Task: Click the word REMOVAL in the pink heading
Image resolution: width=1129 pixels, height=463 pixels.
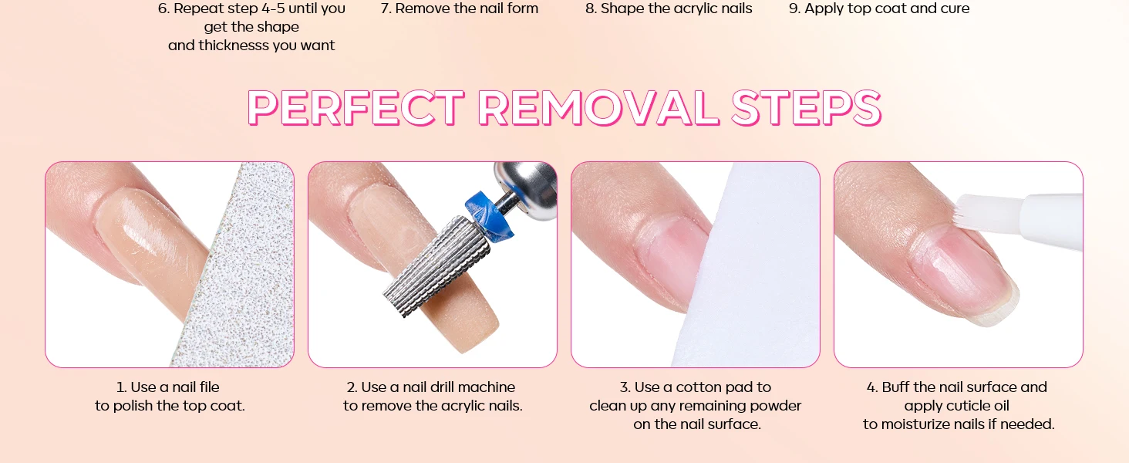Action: pyautogui.click(x=598, y=108)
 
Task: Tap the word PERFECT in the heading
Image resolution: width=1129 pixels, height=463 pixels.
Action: pyautogui.click(x=356, y=108)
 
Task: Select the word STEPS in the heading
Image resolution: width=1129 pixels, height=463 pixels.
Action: pyautogui.click(x=806, y=108)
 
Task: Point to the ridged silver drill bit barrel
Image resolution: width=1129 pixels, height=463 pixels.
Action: pyautogui.click(x=436, y=265)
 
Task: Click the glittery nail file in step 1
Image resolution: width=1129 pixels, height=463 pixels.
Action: pyautogui.click(x=242, y=272)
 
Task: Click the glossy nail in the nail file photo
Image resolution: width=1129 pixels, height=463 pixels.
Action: pyautogui.click(x=147, y=237)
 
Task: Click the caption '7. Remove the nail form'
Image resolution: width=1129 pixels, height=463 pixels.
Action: pyautogui.click(x=459, y=8)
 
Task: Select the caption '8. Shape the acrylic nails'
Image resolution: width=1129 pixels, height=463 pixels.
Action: pyautogui.click(x=669, y=8)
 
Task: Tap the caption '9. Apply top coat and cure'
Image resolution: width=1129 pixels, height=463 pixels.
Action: pyautogui.click(x=879, y=8)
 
